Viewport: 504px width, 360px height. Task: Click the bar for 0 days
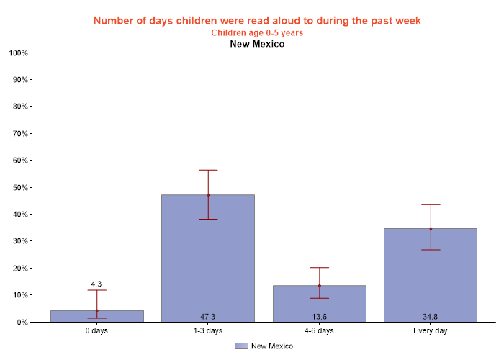point(97,316)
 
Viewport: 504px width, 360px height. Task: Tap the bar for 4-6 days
point(319,303)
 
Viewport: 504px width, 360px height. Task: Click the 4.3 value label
point(97,284)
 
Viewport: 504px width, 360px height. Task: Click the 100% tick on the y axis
point(18,53)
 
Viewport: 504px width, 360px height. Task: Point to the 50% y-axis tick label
point(19,187)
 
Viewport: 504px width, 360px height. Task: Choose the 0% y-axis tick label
point(22,322)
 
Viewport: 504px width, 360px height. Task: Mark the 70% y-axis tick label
point(19,134)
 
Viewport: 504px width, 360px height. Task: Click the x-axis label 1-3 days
point(208,331)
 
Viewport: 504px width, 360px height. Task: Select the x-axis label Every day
point(430,331)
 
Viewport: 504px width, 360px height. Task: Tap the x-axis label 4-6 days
point(319,331)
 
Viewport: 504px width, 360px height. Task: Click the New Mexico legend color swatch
point(241,346)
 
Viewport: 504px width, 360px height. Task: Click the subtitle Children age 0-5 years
point(257,32)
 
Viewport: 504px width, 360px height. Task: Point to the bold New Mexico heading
point(257,44)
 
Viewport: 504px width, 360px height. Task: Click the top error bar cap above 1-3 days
point(208,170)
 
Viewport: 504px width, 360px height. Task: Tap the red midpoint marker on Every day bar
point(431,229)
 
